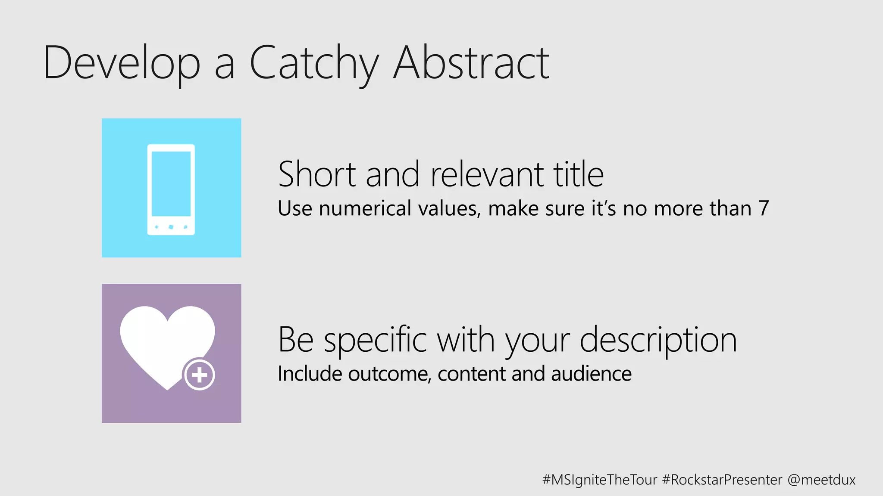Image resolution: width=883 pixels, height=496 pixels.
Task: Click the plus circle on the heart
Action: pos(199,375)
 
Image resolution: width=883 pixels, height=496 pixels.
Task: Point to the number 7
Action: pos(764,209)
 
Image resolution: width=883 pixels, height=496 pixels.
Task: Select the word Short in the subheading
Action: pos(317,174)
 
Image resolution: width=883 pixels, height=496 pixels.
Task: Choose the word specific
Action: pos(375,340)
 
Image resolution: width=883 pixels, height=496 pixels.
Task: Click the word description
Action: pos(658,340)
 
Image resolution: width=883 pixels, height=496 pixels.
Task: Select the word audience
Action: pos(591,374)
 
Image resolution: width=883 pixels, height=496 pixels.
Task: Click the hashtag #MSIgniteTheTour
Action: pos(600,480)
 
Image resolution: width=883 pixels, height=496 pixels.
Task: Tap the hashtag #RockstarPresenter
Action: pos(722,480)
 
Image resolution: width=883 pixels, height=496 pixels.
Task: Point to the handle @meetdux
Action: pos(821,480)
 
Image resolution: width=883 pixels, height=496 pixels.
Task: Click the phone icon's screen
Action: pos(171,183)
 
